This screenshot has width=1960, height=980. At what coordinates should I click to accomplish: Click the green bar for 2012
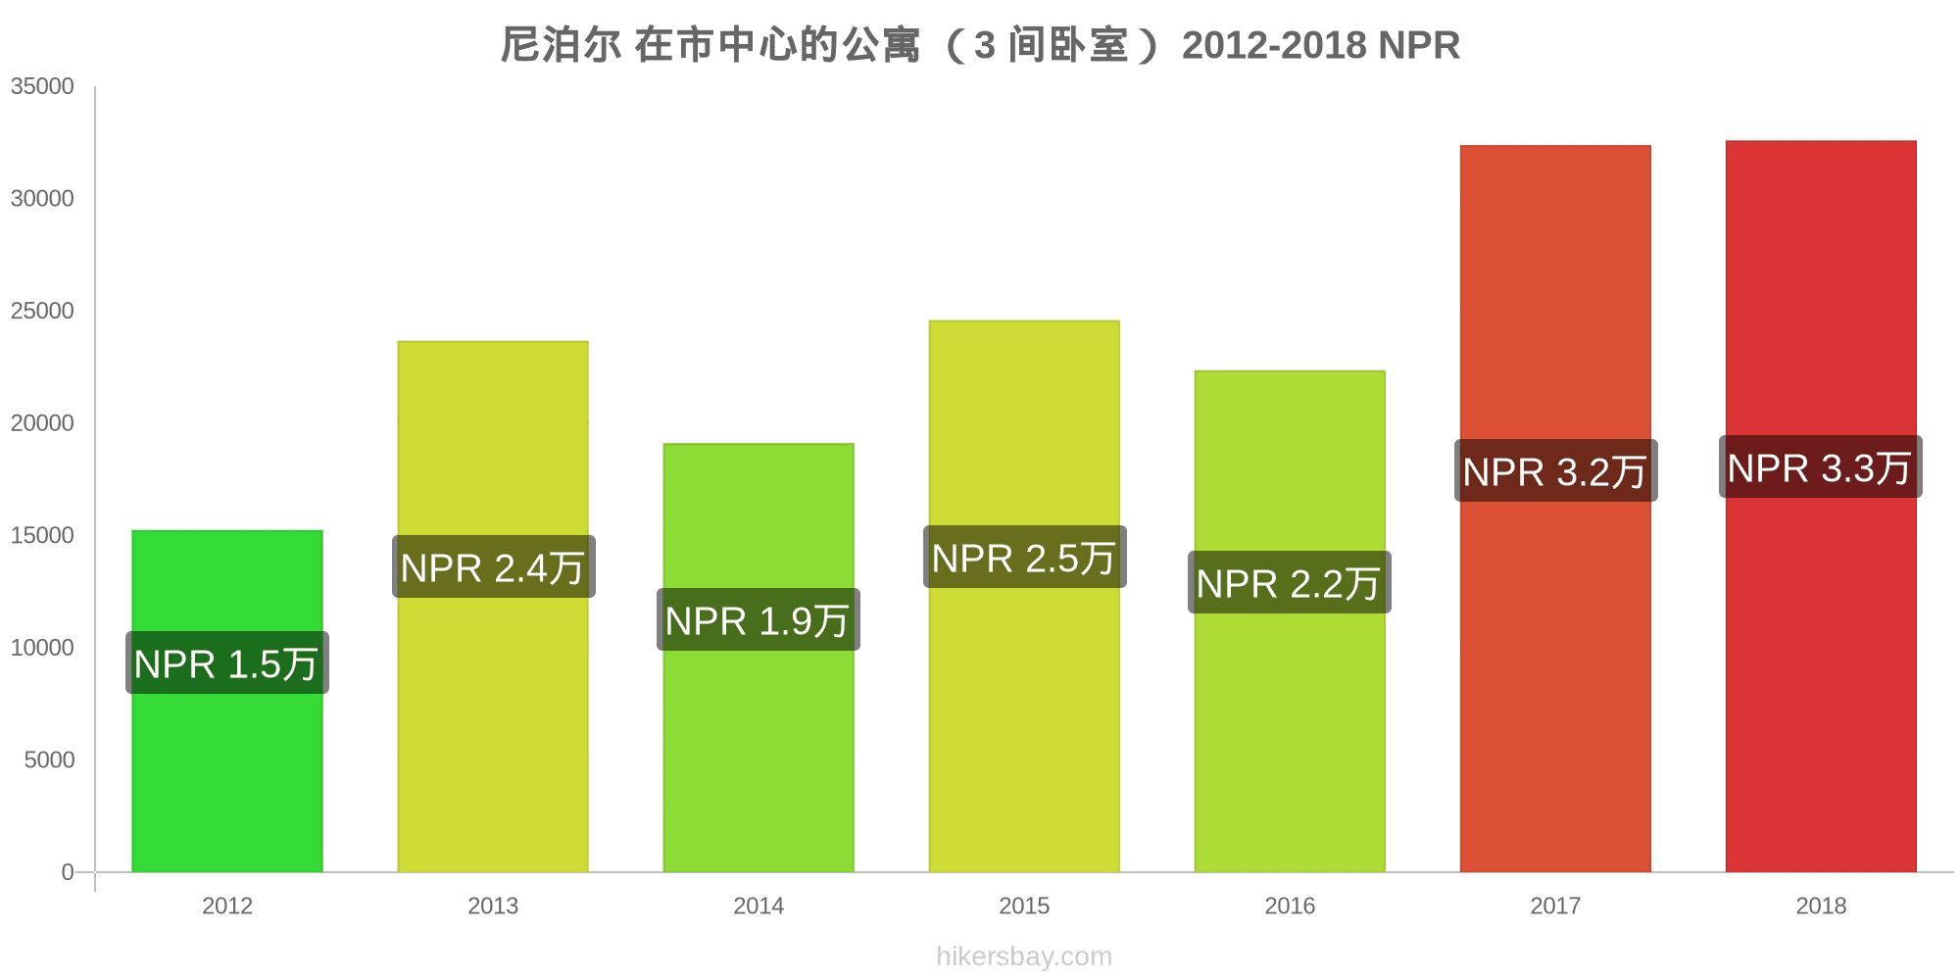tap(227, 764)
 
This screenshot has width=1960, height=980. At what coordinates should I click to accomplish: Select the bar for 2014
tap(759, 745)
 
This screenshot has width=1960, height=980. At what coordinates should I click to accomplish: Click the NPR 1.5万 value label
tap(227, 663)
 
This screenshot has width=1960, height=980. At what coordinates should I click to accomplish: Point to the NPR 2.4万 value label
tap(494, 567)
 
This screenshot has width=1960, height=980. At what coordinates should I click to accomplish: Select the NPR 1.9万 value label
tap(759, 620)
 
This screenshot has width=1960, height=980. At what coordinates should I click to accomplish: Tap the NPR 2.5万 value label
tap(1025, 558)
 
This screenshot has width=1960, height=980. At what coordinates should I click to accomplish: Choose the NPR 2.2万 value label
tap(1290, 583)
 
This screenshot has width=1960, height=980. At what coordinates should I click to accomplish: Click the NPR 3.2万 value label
tap(1556, 471)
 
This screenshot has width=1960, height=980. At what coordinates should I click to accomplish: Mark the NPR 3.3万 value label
tap(1821, 467)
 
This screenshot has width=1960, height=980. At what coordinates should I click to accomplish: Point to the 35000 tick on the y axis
tap(42, 86)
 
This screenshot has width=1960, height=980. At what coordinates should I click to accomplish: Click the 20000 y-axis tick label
tap(42, 423)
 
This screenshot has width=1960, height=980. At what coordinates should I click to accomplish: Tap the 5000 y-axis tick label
tap(49, 760)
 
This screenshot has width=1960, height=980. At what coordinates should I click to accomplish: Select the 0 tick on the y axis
tap(68, 872)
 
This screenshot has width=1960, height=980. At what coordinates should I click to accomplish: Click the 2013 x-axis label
tap(493, 906)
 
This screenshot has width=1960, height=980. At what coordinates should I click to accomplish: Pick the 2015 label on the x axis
tap(1024, 906)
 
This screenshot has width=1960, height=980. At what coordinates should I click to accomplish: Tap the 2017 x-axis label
tap(1555, 906)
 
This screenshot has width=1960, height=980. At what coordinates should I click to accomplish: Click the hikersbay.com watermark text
tap(1024, 956)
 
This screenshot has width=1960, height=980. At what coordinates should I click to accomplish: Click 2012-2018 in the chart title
tap(1274, 45)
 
